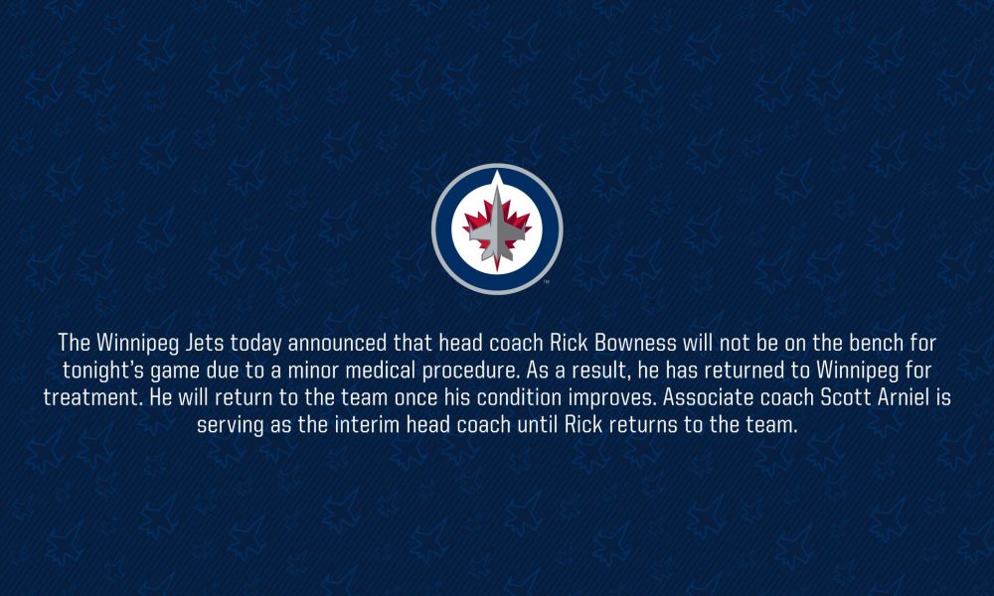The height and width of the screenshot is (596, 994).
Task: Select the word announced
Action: click(337, 343)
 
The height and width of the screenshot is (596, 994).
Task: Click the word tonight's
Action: click(102, 370)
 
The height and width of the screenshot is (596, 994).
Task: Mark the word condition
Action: click(519, 397)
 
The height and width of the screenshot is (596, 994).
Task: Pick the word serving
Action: click(231, 425)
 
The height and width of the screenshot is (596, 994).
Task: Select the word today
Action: click(256, 344)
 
